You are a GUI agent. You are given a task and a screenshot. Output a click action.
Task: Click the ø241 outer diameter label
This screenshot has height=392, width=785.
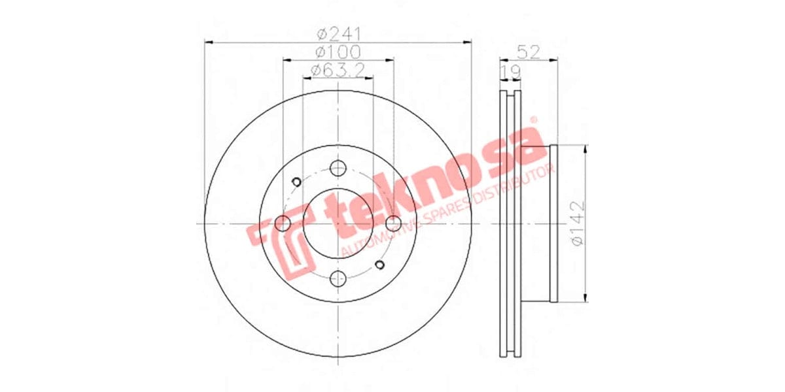[339, 34]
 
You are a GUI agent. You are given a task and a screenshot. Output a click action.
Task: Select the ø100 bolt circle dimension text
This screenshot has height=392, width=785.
[338, 52]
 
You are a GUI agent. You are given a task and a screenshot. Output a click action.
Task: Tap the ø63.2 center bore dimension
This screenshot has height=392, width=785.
[338, 69]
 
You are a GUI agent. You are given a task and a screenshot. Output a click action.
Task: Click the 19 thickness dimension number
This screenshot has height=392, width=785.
[510, 71]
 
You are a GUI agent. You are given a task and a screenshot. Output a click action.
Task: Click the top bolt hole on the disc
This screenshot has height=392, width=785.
[338, 169]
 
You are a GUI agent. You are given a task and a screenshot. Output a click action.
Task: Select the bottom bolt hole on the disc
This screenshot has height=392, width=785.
[338, 279]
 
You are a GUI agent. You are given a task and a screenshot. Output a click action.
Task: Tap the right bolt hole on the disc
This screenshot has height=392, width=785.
[392, 223]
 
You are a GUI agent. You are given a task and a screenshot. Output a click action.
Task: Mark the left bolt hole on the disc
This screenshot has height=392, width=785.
[283, 223]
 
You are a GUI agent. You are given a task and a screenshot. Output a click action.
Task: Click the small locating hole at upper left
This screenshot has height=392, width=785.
[296, 182]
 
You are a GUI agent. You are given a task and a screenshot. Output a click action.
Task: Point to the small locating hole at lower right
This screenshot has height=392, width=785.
[379, 265]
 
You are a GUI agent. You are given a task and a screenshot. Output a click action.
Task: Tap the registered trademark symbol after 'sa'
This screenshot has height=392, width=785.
[533, 120]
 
